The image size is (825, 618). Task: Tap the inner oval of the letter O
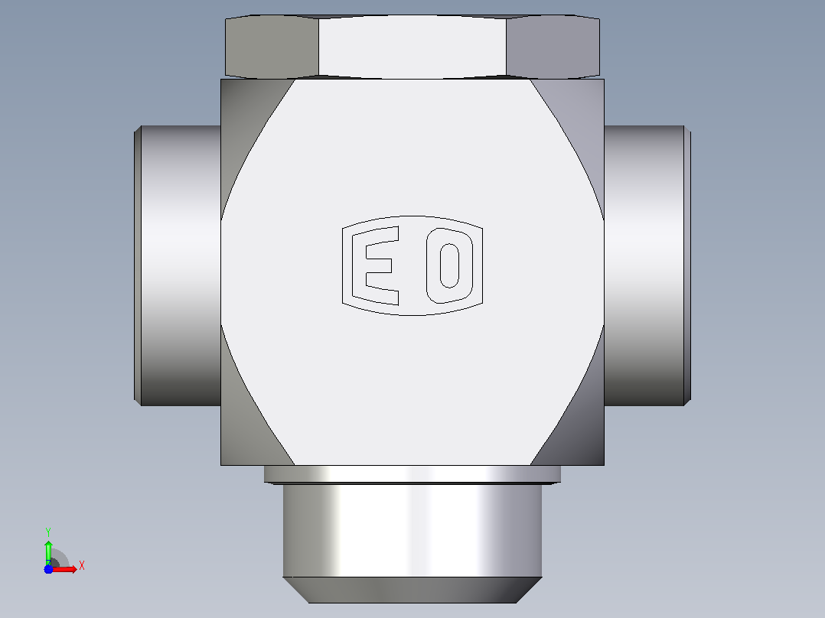[x=449, y=265]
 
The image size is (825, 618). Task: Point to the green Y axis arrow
[x=48, y=552]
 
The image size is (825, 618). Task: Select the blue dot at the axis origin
[x=48, y=569]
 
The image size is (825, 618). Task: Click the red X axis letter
[x=82, y=566]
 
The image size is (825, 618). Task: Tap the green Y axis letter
[x=48, y=532]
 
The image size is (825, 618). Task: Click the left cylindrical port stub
[x=178, y=265]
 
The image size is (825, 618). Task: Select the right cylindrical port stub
[x=647, y=265]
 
